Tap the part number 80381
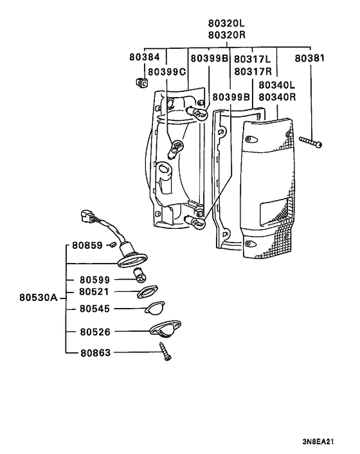[x=310, y=58]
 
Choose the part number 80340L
[x=277, y=85]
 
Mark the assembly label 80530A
[x=38, y=298]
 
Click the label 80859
[x=87, y=245]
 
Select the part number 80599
[x=95, y=280]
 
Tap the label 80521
[x=95, y=291]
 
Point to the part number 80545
[x=95, y=309]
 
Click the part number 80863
[x=95, y=352]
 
